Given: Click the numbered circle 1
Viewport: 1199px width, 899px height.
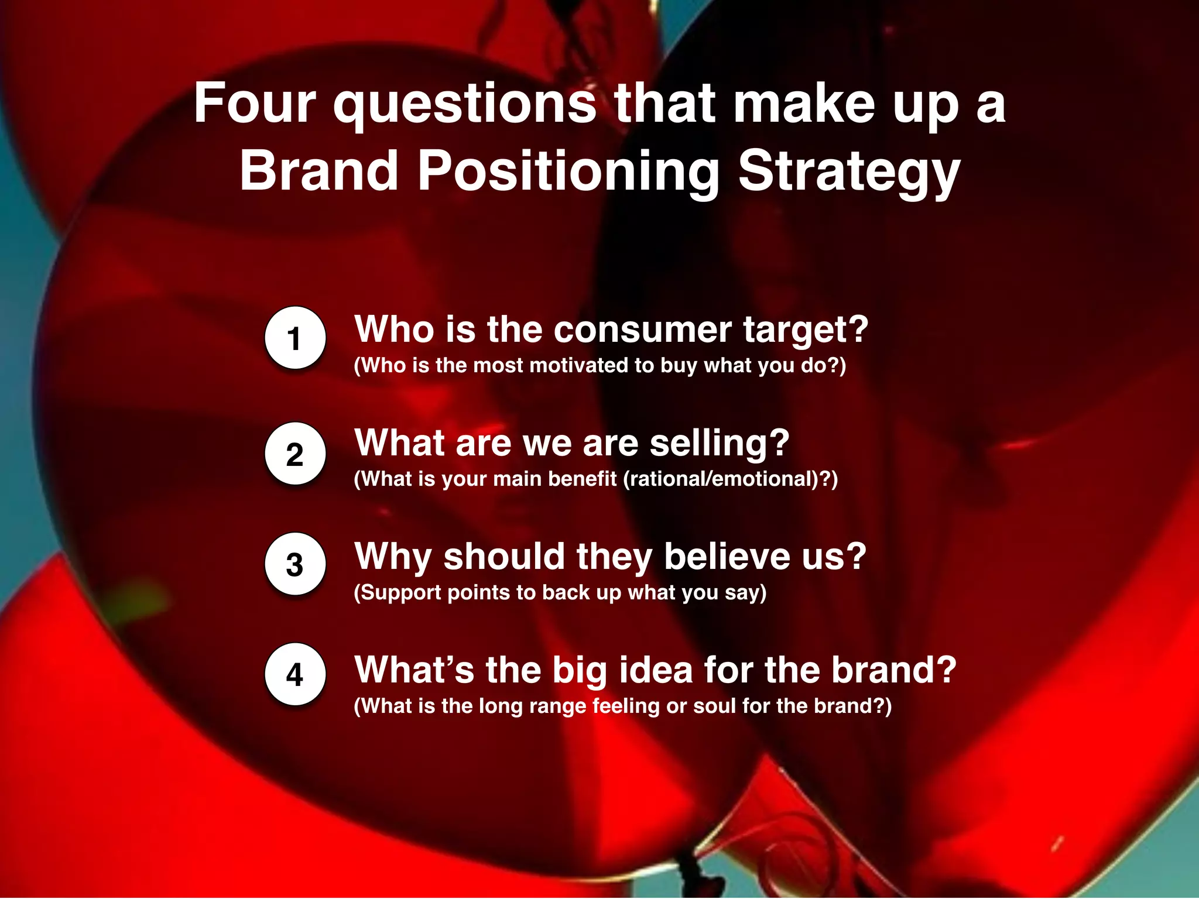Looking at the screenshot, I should [294, 338].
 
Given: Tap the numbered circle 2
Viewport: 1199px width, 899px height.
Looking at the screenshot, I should [294, 454].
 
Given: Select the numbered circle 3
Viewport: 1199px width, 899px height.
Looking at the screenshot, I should [294, 564].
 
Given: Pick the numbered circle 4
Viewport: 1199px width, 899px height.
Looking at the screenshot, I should [294, 674].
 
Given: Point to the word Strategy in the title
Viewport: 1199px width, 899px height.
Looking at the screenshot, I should [848, 171].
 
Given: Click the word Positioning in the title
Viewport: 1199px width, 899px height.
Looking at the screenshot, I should [568, 171].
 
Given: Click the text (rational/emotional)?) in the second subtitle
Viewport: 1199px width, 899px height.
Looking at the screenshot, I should [730, 479].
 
